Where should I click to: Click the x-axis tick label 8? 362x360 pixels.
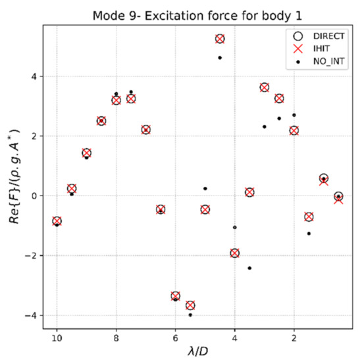click(116, 339)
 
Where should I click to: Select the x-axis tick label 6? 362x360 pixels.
click(175, 339)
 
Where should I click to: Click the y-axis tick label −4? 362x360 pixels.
click(34, 315)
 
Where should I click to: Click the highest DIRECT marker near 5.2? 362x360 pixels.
click(220, 39)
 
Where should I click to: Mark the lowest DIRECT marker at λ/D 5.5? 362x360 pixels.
click(190, 305)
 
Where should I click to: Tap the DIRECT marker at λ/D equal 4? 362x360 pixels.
click(234, 253)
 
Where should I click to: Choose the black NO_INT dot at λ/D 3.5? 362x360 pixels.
click(249, 268)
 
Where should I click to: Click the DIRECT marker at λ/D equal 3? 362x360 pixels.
click(264, 87)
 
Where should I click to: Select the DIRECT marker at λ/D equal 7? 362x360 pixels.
click(145, 130)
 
